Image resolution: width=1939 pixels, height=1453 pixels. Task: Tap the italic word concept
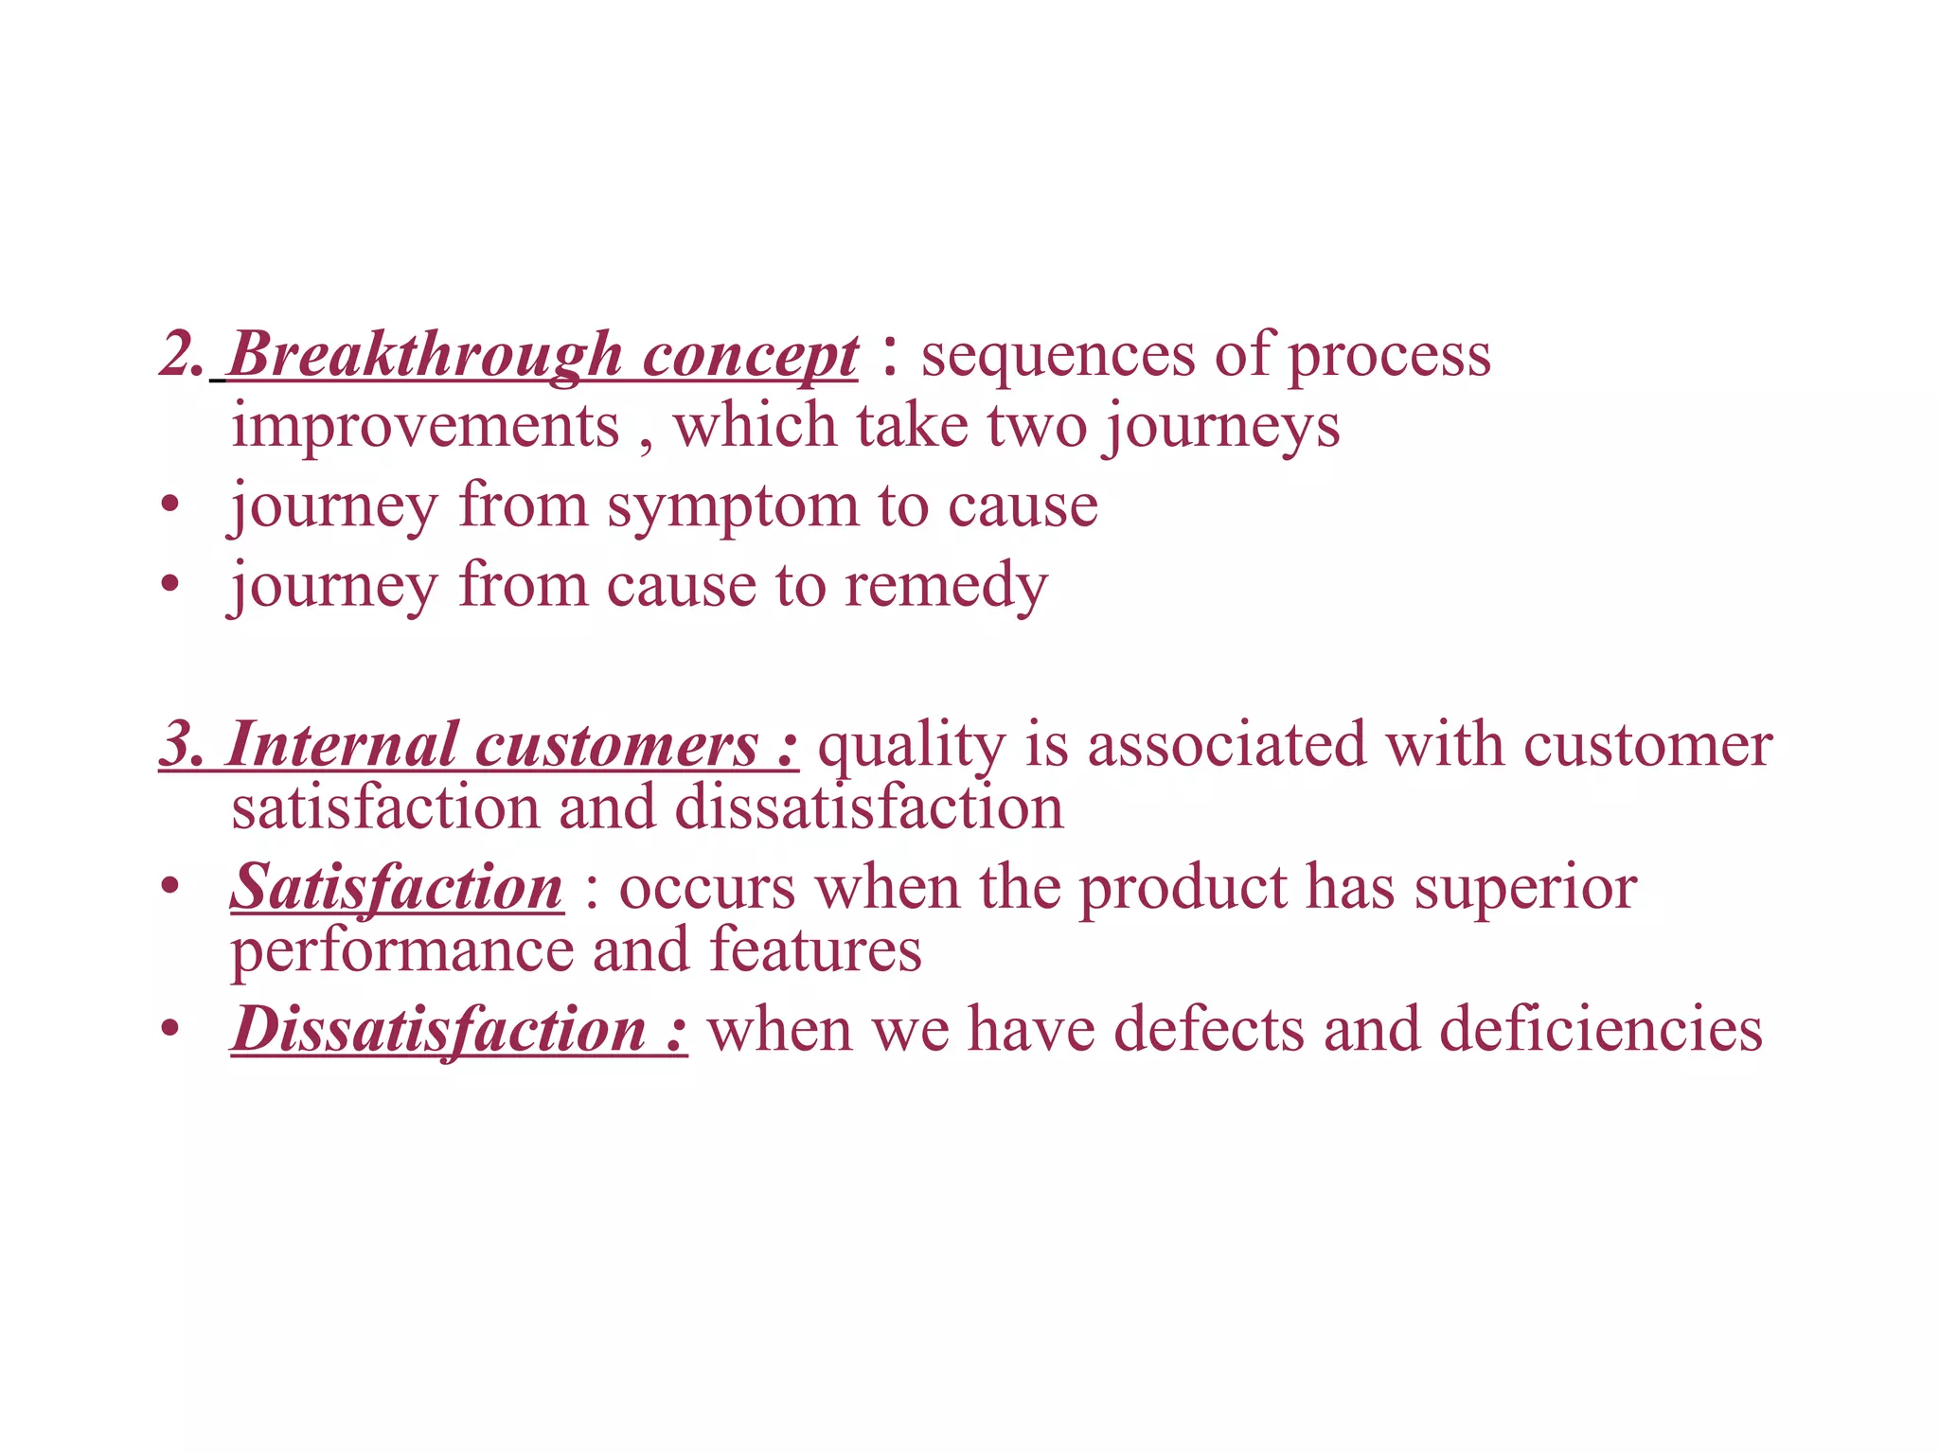[750, 357]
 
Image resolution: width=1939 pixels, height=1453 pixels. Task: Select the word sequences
[1058, 357]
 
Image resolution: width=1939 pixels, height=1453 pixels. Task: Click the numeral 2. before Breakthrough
[182, 355]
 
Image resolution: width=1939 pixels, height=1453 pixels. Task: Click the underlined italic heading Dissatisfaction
[439, 1030]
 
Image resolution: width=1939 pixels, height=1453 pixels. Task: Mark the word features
[815, 949]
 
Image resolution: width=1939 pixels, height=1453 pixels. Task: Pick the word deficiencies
[1600, 1030]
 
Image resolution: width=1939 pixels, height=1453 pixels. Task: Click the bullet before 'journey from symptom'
[169, 507]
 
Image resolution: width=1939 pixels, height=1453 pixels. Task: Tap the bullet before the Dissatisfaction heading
[169, 1030]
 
